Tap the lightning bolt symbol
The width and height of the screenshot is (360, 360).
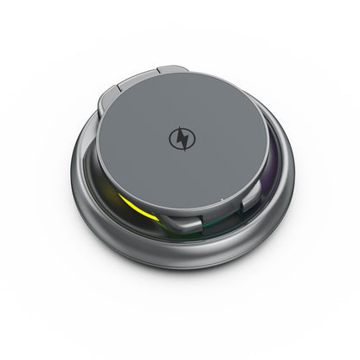[x=183, y=139]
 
